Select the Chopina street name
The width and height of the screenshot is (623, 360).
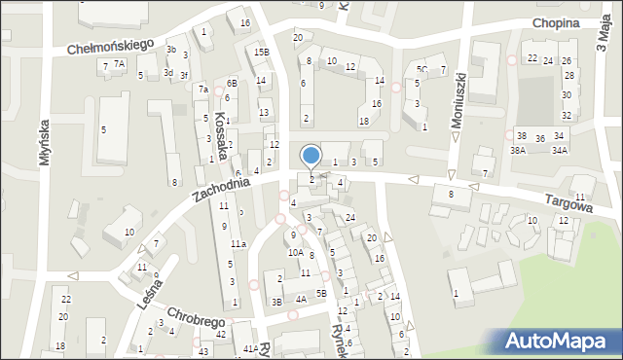coord(556,23)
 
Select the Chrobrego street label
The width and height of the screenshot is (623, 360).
coord(197,319)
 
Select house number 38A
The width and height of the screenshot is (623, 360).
coord(518,150)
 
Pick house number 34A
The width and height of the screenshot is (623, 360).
coord(559,150)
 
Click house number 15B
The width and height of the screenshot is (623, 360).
coord(261,53)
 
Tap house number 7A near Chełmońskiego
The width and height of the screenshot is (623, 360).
coord(119,64)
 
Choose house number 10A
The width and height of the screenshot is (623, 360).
coord(295,252)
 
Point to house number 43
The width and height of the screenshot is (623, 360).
coord(203,351)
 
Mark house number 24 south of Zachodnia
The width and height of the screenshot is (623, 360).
coord(349,216)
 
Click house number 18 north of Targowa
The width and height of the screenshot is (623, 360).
coord(364,121)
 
